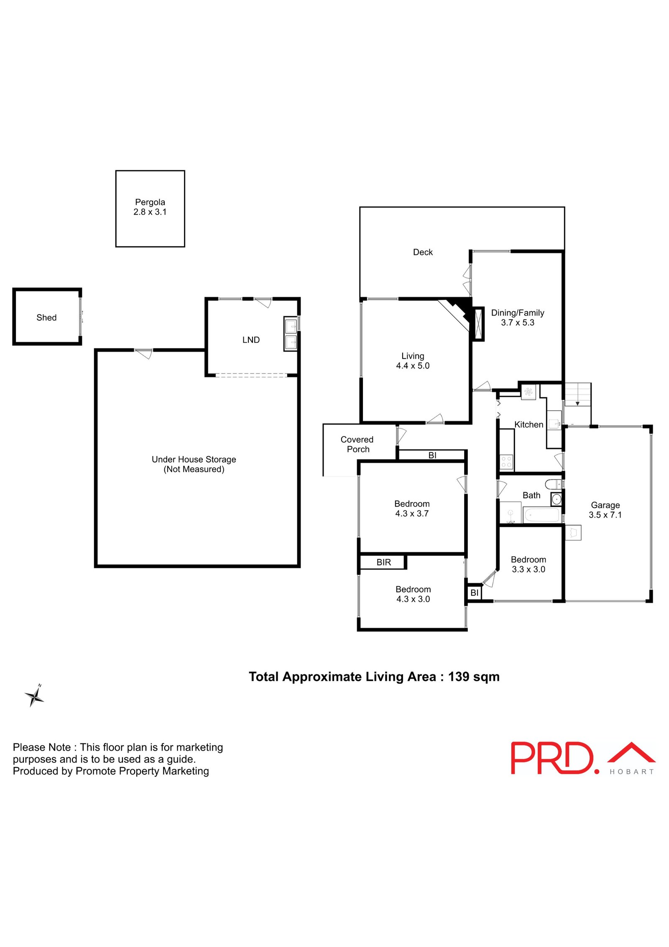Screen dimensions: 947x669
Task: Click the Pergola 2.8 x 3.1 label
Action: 150,207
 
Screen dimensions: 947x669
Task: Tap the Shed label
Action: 46,318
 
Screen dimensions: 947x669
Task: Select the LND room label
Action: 251,340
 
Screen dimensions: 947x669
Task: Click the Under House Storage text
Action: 194,459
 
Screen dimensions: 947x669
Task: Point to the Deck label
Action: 423,252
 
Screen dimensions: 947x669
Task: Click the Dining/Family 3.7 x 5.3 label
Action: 517,318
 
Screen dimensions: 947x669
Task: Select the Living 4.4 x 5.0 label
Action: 413,361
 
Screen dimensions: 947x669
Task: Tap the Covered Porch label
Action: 357,444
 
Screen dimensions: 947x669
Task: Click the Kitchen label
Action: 529,424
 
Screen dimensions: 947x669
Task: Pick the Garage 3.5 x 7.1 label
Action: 605,510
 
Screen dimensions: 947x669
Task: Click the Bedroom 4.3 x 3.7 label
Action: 412,508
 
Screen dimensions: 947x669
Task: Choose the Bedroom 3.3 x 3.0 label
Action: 528,564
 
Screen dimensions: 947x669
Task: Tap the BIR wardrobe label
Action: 383,562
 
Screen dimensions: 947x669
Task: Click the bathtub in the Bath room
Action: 541,515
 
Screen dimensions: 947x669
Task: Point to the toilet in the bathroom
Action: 553,485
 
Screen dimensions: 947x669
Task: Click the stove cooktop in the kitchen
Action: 506,462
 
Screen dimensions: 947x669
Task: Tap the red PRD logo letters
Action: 552,758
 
